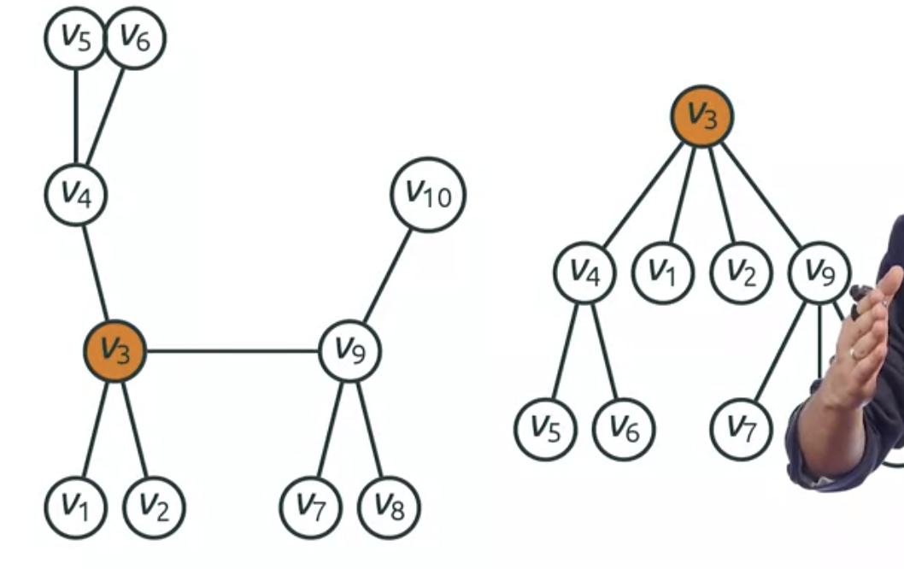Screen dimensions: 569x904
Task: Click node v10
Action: point(428,195)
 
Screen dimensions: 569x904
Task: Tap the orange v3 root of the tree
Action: point(701,116)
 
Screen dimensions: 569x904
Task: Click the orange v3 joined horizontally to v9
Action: point(114,349)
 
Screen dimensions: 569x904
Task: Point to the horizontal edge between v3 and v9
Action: point(232,350)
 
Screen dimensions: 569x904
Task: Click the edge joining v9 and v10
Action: point(387,275)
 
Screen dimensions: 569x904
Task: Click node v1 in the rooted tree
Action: point(662,273)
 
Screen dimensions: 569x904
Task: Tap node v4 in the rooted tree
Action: point(585,273)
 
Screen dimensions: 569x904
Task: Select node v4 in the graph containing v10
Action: point(76,195)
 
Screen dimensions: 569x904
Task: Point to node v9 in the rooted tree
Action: point(819,273)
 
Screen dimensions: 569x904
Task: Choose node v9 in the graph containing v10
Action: point(349,350)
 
